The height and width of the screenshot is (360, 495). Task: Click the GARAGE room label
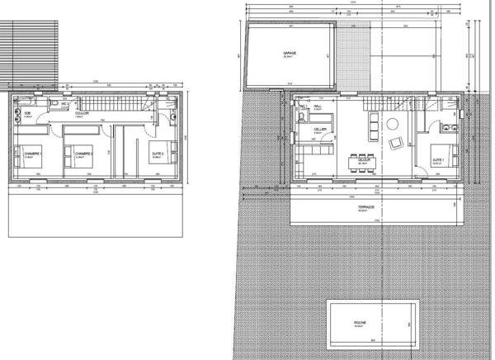[x=290, y=53]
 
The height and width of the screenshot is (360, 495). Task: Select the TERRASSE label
[x=367, y=208]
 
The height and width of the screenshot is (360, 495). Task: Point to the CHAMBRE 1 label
[x=33, y=154]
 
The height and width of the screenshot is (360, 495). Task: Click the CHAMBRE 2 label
[x=82, y=154]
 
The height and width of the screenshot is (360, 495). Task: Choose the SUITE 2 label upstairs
[x=158, y=154]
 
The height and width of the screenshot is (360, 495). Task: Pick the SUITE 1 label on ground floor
[x=438, y=159]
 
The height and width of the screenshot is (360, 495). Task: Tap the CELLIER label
[x=319, y=130]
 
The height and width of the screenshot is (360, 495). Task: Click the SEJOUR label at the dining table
[x=362, y=162]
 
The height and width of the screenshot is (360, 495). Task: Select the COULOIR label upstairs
[x=82, y=113]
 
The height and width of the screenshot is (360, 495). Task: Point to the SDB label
[x=27, y=113]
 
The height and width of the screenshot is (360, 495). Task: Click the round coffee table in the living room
[x=392, y=125]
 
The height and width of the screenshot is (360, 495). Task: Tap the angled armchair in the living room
[x=396, y=144]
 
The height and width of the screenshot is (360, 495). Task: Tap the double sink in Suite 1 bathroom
[x=446, y=128]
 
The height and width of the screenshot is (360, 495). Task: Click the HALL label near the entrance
[x=317, y=107]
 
